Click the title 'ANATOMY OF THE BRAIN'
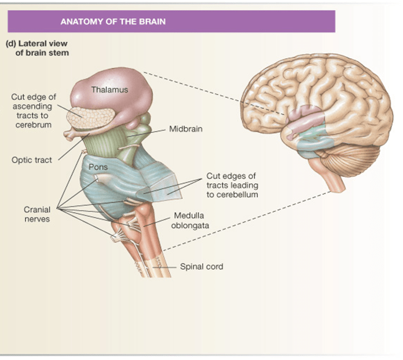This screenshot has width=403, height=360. [113, 21]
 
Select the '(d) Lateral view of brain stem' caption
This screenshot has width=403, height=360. [37, 48]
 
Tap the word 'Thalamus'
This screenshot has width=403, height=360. [110, 89]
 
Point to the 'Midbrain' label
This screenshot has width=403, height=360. [185, 129]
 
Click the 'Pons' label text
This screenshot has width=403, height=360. [98, 167]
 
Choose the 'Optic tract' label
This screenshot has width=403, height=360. [32, 160]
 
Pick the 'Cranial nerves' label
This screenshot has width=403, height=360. [37, 214]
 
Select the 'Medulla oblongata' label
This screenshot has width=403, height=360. [190, 220]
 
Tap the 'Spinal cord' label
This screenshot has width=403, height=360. [201, 267]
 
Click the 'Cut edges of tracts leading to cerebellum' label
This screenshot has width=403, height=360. [232, 186]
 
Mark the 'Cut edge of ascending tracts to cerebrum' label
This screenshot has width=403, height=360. [34, 111]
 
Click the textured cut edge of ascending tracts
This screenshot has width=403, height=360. [90, 118]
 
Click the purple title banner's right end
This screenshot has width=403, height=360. [335, 21]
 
